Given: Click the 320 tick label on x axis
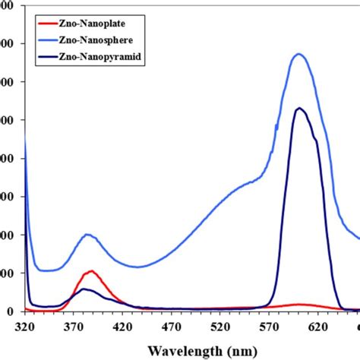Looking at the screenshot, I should coord(25,325).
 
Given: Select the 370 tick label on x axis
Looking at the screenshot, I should coord(74,325).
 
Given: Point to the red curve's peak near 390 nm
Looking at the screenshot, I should coord(92,271).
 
